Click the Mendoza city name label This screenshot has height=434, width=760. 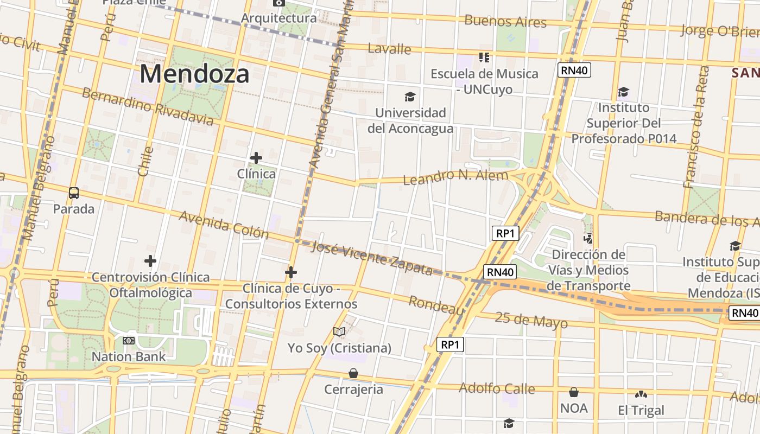(195, 74)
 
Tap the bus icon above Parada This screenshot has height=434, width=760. (74, 193)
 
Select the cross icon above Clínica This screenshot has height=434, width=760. (256, 158)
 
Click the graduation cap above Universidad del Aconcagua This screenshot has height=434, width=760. (410, 97)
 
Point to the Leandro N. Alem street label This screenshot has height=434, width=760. (455, 176)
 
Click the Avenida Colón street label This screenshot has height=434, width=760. (224, 225)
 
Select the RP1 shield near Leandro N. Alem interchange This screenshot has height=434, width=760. (505, 234)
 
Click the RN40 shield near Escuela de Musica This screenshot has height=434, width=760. (574, 70)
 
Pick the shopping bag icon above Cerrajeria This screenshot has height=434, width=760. (353, 373)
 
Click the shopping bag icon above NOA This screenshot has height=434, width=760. (574, 392)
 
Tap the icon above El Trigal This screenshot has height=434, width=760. (641, 394)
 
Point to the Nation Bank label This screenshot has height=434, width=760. (129, 356)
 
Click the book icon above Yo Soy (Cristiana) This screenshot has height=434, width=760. (339, 331)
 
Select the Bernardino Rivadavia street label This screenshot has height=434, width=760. (148, 106)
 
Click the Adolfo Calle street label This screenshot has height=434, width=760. (497, 388)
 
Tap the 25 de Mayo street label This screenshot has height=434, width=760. (531, 320)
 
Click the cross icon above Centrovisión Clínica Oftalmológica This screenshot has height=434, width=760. (150, 261)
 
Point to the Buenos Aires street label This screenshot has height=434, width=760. (505, 22)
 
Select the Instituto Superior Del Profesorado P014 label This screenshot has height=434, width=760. (624, 123)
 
